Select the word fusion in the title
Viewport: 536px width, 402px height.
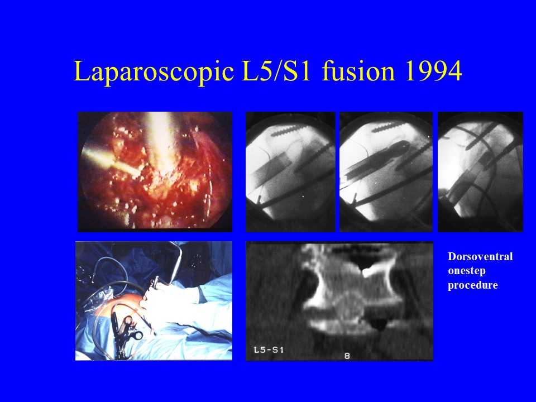358,71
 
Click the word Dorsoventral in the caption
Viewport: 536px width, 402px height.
480,256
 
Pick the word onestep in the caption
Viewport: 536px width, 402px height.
467,271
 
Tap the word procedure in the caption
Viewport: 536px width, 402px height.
473,285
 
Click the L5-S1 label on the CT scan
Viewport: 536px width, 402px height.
269,350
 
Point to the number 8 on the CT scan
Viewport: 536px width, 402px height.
347,356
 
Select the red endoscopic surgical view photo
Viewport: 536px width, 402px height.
155,172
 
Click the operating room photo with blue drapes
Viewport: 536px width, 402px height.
154,301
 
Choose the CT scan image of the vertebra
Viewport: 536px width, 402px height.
339,301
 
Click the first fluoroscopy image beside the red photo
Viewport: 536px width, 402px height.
290,172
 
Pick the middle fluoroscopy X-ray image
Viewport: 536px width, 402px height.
386,172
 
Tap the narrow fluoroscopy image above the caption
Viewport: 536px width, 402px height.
480,172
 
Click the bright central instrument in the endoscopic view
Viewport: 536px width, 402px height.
160,143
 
